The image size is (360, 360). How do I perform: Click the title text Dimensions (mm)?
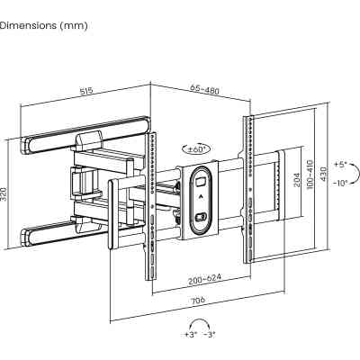pos(43,25)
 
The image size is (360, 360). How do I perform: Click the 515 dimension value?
pos(86,90)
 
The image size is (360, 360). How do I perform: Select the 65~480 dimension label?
pos(204,89)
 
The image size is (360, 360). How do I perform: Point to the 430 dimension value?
pos(324,174)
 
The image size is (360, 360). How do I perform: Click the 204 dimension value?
pos(297,179)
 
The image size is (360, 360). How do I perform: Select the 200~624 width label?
pos(205,279)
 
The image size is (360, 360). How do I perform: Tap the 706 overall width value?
pos(198,301)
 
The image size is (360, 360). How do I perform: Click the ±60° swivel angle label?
pos(195,148)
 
